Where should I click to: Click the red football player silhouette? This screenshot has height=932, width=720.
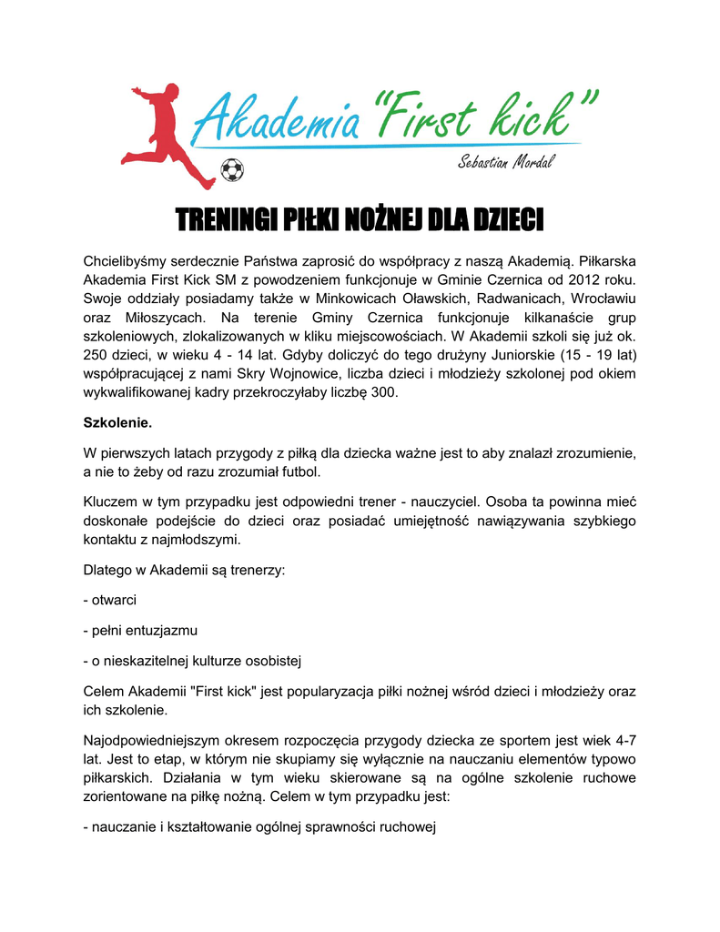click(165, 132)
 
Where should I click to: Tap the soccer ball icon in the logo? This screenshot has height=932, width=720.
click(233, 169)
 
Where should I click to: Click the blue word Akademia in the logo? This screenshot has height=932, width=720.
click(281, 119)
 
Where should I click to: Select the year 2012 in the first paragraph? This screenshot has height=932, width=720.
click(575, 281)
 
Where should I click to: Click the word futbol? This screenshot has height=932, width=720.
click(298, 471)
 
